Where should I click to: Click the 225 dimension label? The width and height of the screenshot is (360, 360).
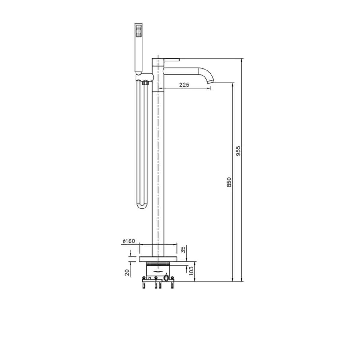click(x=184, y=85)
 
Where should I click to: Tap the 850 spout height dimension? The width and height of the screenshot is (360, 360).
click(x=229, y=182)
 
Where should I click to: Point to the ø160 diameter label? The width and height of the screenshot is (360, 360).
click(x=129, y=241)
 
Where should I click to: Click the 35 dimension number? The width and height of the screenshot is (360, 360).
click(x=184, y=250)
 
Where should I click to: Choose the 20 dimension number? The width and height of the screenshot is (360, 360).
click(x=127, y=273)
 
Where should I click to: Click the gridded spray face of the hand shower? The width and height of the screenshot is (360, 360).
click(x=139, y=31)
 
